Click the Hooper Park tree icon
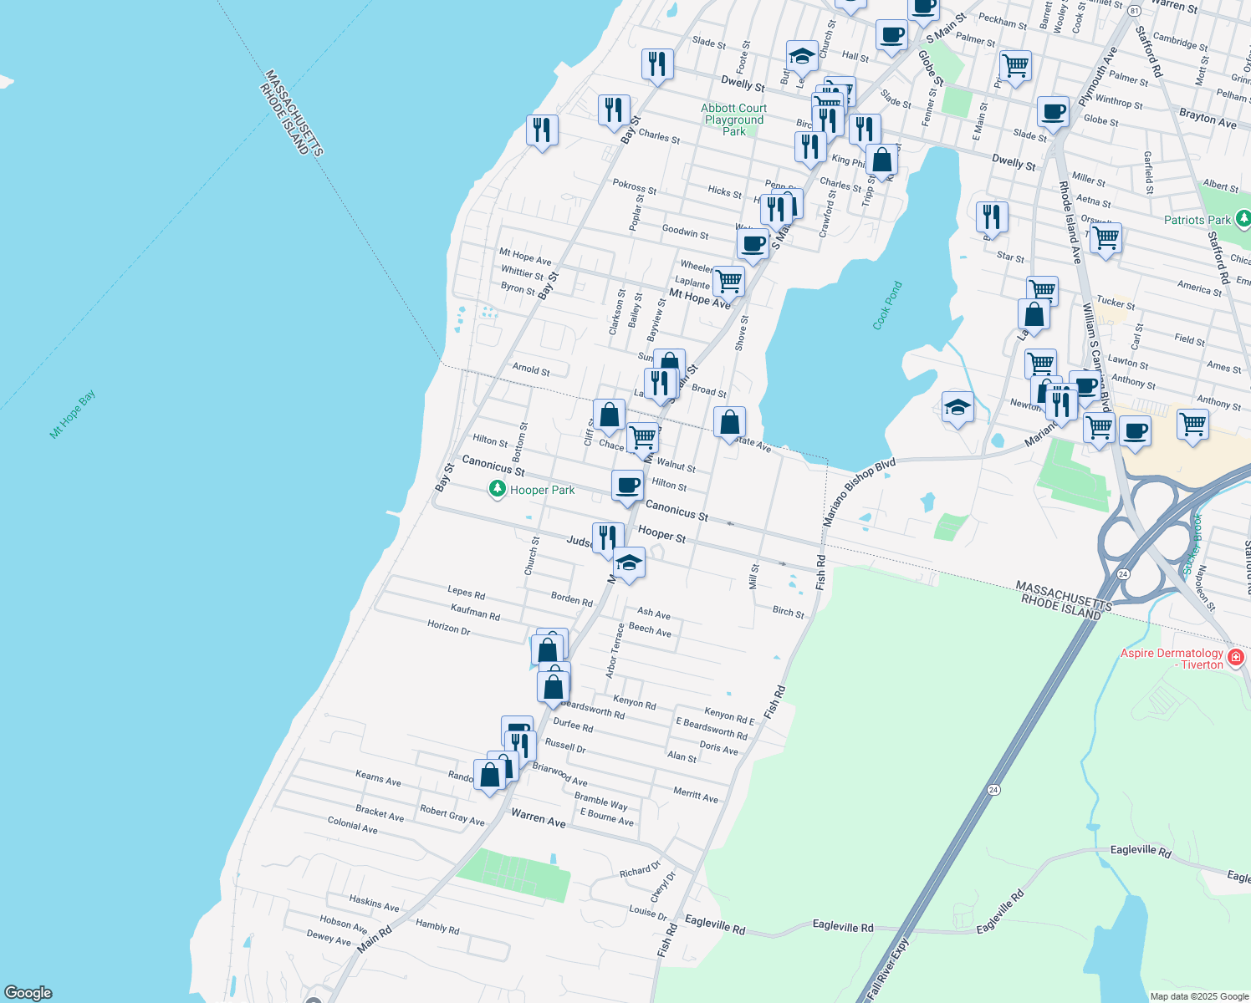click(498, 490)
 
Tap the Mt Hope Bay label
click(73, 415)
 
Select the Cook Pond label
click(887, 306)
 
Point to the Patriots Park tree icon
click(1243, 219)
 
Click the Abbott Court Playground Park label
click(734, 120)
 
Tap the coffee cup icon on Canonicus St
click(627, 486)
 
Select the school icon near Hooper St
click(629, 563)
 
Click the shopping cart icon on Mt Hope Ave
click(728, 282)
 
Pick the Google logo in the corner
click(28, 993)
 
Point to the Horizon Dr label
click(448, 627)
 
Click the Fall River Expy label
click(887, 970)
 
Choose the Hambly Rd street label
click(437, 926)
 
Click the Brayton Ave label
click(1208, 118)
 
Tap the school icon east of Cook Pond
click(957, 407)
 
